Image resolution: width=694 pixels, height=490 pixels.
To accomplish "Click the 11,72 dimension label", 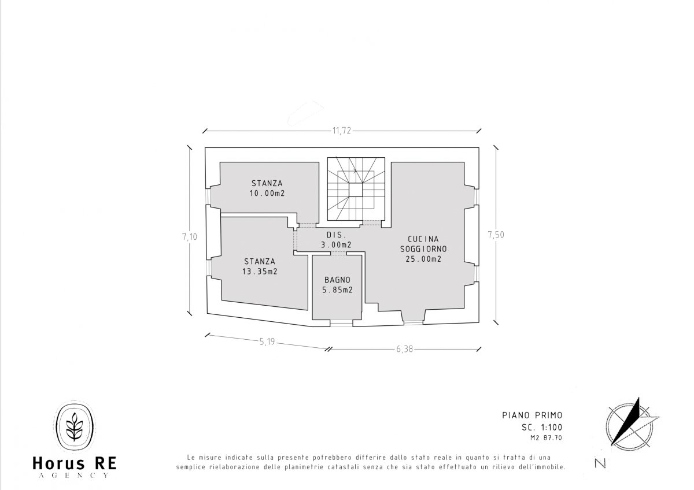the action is point(342,131).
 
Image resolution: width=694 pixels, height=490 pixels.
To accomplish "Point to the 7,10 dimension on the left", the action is point(190,237).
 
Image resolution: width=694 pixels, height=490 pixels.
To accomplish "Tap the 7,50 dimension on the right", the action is point(496,235).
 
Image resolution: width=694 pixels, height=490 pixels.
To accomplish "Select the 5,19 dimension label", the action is point(267,341).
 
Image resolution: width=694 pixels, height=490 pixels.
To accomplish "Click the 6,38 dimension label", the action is point(405,349).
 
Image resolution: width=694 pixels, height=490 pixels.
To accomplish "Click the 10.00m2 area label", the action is point(267,194).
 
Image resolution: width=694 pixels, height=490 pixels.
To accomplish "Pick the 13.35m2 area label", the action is point(260,272).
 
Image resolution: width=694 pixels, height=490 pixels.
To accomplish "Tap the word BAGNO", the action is point(337,280).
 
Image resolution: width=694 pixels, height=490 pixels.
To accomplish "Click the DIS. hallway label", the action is point(336,235).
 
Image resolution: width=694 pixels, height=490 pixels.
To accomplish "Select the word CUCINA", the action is point(423,239).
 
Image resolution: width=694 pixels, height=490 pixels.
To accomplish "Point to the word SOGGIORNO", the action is point(423,249).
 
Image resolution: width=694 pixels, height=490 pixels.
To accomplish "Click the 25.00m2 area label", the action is point(423,259).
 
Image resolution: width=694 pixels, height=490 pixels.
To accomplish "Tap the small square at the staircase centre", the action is point(356,190).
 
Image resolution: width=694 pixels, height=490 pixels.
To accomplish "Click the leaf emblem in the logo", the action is point(75,426).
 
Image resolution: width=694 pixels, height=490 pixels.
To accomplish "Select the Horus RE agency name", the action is point(75,463).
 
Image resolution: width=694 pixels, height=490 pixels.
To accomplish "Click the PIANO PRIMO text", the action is point(532,415).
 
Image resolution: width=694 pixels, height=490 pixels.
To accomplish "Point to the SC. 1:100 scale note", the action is point(542,428).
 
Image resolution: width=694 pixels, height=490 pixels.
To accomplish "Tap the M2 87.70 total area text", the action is point(546,438).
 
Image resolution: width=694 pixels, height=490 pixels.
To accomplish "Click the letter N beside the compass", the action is point(600,463).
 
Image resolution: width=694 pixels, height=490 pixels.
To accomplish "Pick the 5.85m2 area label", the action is point(337,290).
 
